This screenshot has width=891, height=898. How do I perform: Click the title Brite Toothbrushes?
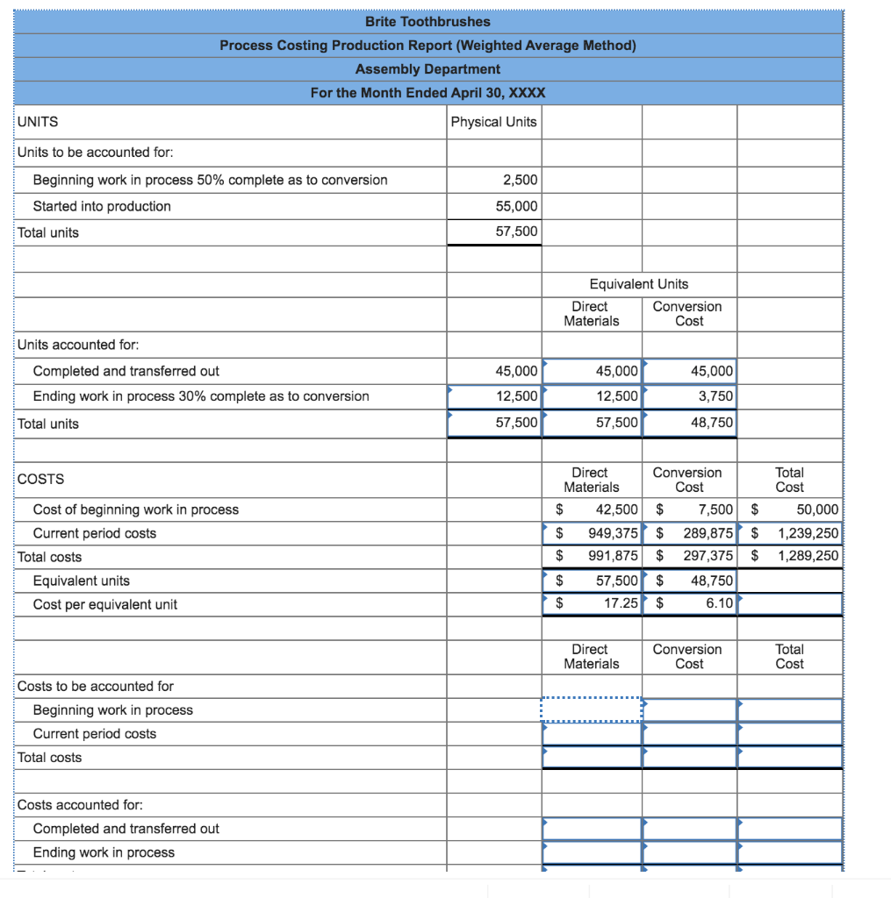(x=428, y=21)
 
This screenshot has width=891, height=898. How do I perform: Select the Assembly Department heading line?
(x=428, y=68)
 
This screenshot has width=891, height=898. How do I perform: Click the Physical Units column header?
(x=493, y=122)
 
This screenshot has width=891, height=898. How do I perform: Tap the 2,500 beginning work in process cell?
(x=520, y=180)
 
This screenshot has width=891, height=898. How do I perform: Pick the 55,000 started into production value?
(x=519, y=206)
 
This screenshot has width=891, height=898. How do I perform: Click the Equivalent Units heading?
(x=639, y=283)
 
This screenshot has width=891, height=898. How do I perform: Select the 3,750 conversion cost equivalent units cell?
(x=715, y=396)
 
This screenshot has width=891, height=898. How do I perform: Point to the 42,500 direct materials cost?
(x=616, y=510)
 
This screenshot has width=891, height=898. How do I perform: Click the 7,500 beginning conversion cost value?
(x=715, y=510)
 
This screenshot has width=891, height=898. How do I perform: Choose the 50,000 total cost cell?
(x=816, y=510)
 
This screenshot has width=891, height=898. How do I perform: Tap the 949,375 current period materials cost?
(x=613, y=533)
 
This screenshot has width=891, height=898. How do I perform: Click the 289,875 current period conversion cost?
(x=708, y=533)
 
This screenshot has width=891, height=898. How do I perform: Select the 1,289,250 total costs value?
(x=808, y=557)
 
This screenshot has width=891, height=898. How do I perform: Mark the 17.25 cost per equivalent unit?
(x=619, y=604)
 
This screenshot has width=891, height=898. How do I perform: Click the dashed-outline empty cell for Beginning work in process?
(x=592, y=709)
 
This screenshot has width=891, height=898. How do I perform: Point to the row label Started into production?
(x=102, y=206)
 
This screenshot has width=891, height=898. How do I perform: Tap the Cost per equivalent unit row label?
(x=104, y=604)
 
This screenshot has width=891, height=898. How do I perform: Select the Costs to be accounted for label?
(x=96, y=686)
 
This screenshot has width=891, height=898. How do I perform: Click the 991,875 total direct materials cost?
(x=613, y=557)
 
